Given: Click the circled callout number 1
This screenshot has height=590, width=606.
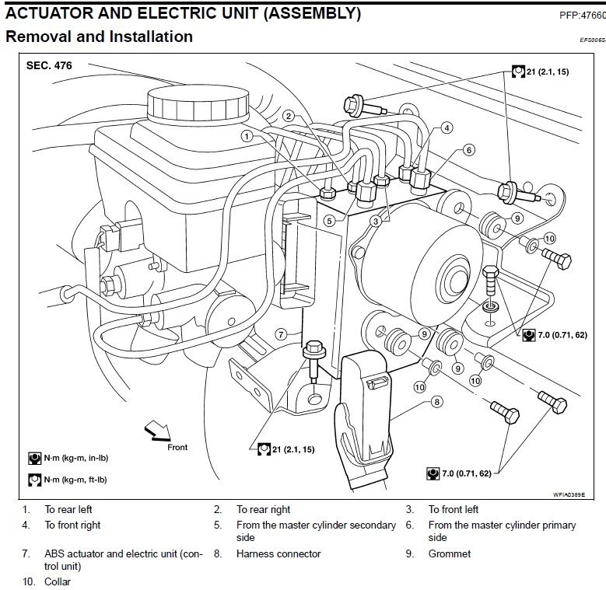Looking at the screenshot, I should coord(247,135).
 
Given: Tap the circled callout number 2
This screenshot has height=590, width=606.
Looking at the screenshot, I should coord(288,116).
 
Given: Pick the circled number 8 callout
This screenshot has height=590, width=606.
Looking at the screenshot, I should coord(436,401).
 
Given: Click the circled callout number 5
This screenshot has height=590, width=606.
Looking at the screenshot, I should coord(330,220).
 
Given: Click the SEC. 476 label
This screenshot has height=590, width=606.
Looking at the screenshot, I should coord(50,65).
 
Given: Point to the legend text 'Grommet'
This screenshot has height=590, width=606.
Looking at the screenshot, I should coord(449,554).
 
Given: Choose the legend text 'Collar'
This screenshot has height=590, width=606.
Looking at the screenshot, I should coord(57,581).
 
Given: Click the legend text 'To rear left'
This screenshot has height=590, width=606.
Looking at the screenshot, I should coord(68,510).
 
